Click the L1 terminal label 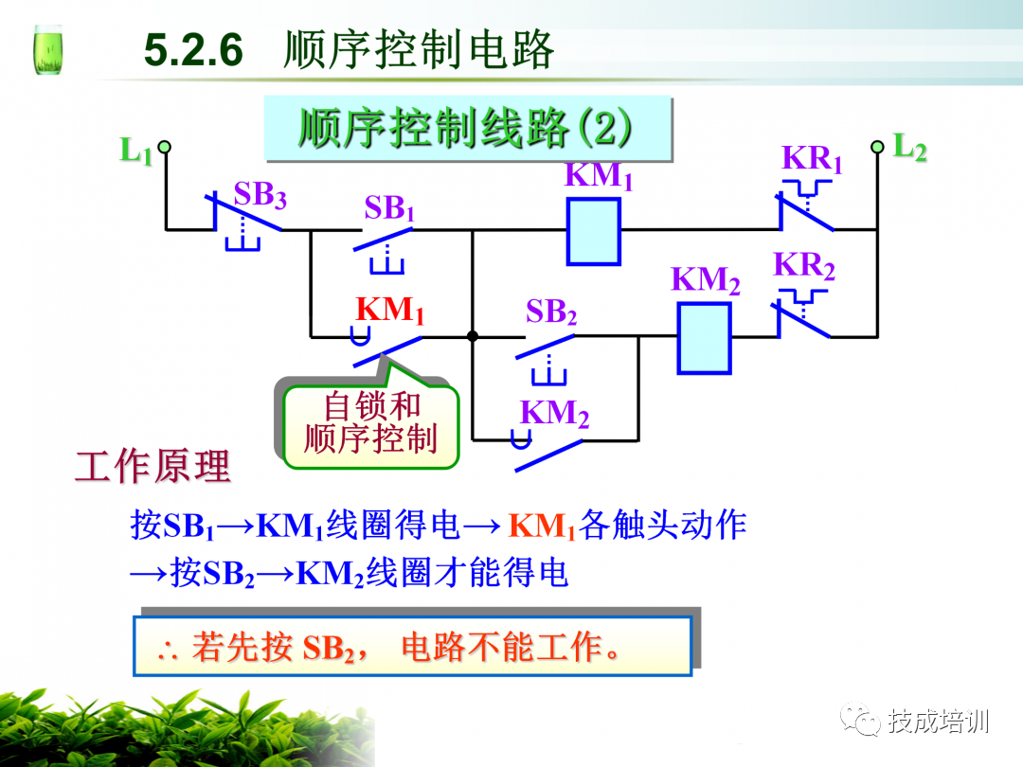135,152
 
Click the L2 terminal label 910,148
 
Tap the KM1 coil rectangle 594,231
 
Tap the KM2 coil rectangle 704,338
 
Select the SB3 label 260,195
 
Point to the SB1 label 389,208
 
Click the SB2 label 551,312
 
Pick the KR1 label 812,159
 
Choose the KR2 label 804,266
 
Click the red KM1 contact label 390,311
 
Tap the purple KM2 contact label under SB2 554,414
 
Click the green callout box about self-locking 370,423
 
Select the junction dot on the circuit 472,335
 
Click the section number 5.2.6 194,50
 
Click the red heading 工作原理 153,467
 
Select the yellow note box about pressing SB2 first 412,647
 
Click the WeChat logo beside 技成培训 862,722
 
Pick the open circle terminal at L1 164,147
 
